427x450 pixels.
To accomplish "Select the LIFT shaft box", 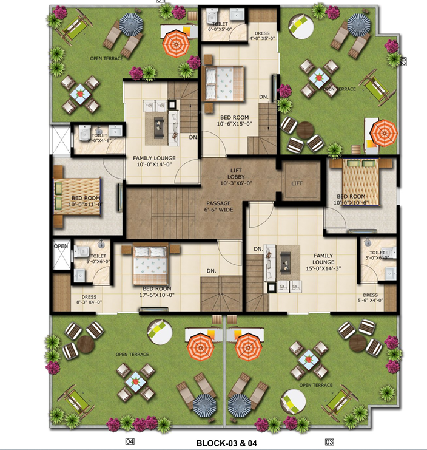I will point(297,182).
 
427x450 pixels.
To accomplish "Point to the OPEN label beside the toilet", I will point(61,246).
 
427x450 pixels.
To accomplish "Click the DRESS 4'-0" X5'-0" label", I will point(263,35).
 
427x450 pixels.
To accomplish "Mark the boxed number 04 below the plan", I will point(129,441).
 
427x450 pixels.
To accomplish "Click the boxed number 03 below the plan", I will point(329,441).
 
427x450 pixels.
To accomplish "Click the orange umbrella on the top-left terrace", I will point(177,43).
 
